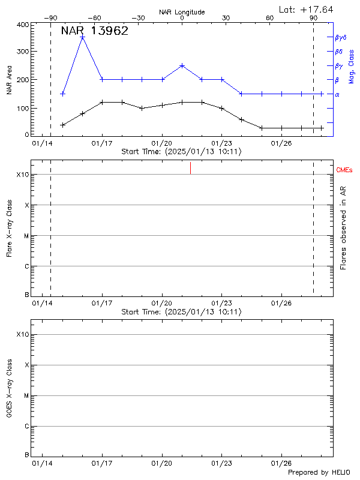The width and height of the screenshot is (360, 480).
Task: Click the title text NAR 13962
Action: (94, 31)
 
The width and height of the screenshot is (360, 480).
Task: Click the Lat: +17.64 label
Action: (307, 9)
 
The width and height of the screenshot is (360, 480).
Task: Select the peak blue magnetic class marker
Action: (83, 37)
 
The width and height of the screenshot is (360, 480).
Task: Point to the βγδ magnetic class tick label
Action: (341, 37)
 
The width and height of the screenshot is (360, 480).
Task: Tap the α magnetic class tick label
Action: (337, 94)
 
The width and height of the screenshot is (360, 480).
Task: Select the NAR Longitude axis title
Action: (182, 12)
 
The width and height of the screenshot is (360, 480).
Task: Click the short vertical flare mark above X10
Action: (190, 168)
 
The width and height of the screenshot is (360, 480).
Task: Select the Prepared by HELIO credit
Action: (319, 472)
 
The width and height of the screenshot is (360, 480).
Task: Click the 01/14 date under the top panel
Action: (43, 143)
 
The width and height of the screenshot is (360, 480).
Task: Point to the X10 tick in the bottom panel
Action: (23, 334)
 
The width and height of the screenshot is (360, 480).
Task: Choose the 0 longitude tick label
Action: (182, 18)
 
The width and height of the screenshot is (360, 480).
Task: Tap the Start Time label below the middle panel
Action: (181, 312)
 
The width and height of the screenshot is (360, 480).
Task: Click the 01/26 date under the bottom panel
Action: (281, 464)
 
